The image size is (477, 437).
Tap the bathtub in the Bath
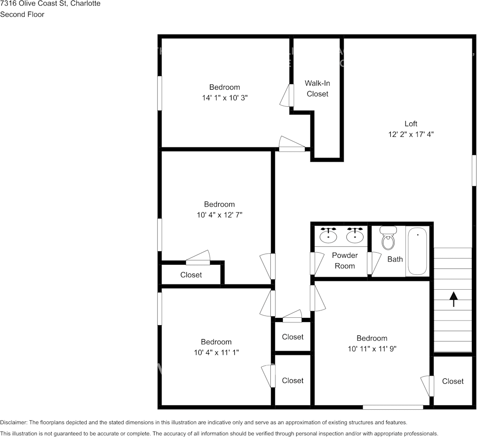pos(417,252)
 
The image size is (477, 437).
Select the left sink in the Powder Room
pos(328,235)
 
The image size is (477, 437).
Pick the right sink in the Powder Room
pos(355,235)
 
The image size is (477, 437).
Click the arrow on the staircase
pos(453,299)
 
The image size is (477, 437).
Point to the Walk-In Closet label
pos(317,89)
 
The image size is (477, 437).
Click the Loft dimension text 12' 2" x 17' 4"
pos(411,134)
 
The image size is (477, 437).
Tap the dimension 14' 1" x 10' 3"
pos(225,98)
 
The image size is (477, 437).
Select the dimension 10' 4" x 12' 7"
pos(220,215)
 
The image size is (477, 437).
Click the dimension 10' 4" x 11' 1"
pos(216,352)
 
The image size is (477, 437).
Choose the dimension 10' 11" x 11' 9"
pos(372,349)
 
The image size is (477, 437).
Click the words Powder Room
pos(345,261)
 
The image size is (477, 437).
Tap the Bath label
pos(395,259)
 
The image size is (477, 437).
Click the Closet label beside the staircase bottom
pos(453,381)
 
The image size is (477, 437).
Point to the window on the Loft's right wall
pos(474,170)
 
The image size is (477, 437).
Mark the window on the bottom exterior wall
pos(393,407)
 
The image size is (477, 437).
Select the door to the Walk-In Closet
pos(291,96)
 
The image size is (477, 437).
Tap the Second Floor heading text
pos(22,14)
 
